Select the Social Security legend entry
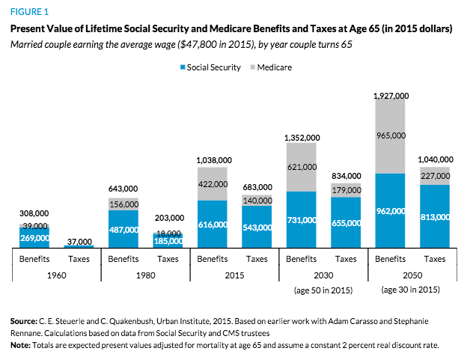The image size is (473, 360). click(210, 67)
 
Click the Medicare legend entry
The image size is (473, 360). click(271, 67)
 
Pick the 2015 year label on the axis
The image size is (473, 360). click(234, 274)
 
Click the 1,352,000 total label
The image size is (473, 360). click(302, 138)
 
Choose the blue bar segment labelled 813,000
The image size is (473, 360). click(435, 216)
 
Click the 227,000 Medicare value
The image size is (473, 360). click(435, 177)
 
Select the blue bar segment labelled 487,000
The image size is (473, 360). click(122, 229)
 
